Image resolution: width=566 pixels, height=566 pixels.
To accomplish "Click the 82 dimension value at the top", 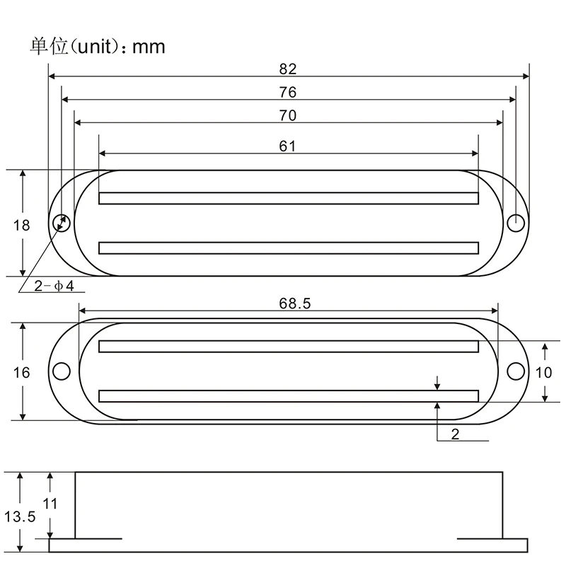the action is (288, 69).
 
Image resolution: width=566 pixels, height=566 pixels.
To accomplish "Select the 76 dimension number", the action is (288, 93).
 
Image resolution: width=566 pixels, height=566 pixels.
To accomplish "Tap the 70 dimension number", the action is (288, 115).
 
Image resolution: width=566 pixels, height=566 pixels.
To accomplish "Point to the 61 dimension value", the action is (287, 146).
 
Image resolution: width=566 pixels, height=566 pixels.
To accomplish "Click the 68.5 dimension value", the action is (294, 304).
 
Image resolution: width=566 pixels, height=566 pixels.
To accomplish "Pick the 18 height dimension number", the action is (21, 226).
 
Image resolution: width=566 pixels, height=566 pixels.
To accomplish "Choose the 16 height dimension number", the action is (21, 373).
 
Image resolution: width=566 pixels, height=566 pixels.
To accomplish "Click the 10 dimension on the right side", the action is (543, 373).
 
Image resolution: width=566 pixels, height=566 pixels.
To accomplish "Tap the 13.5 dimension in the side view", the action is (20, 517).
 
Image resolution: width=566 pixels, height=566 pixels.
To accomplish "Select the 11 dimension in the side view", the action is (50, 504).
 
